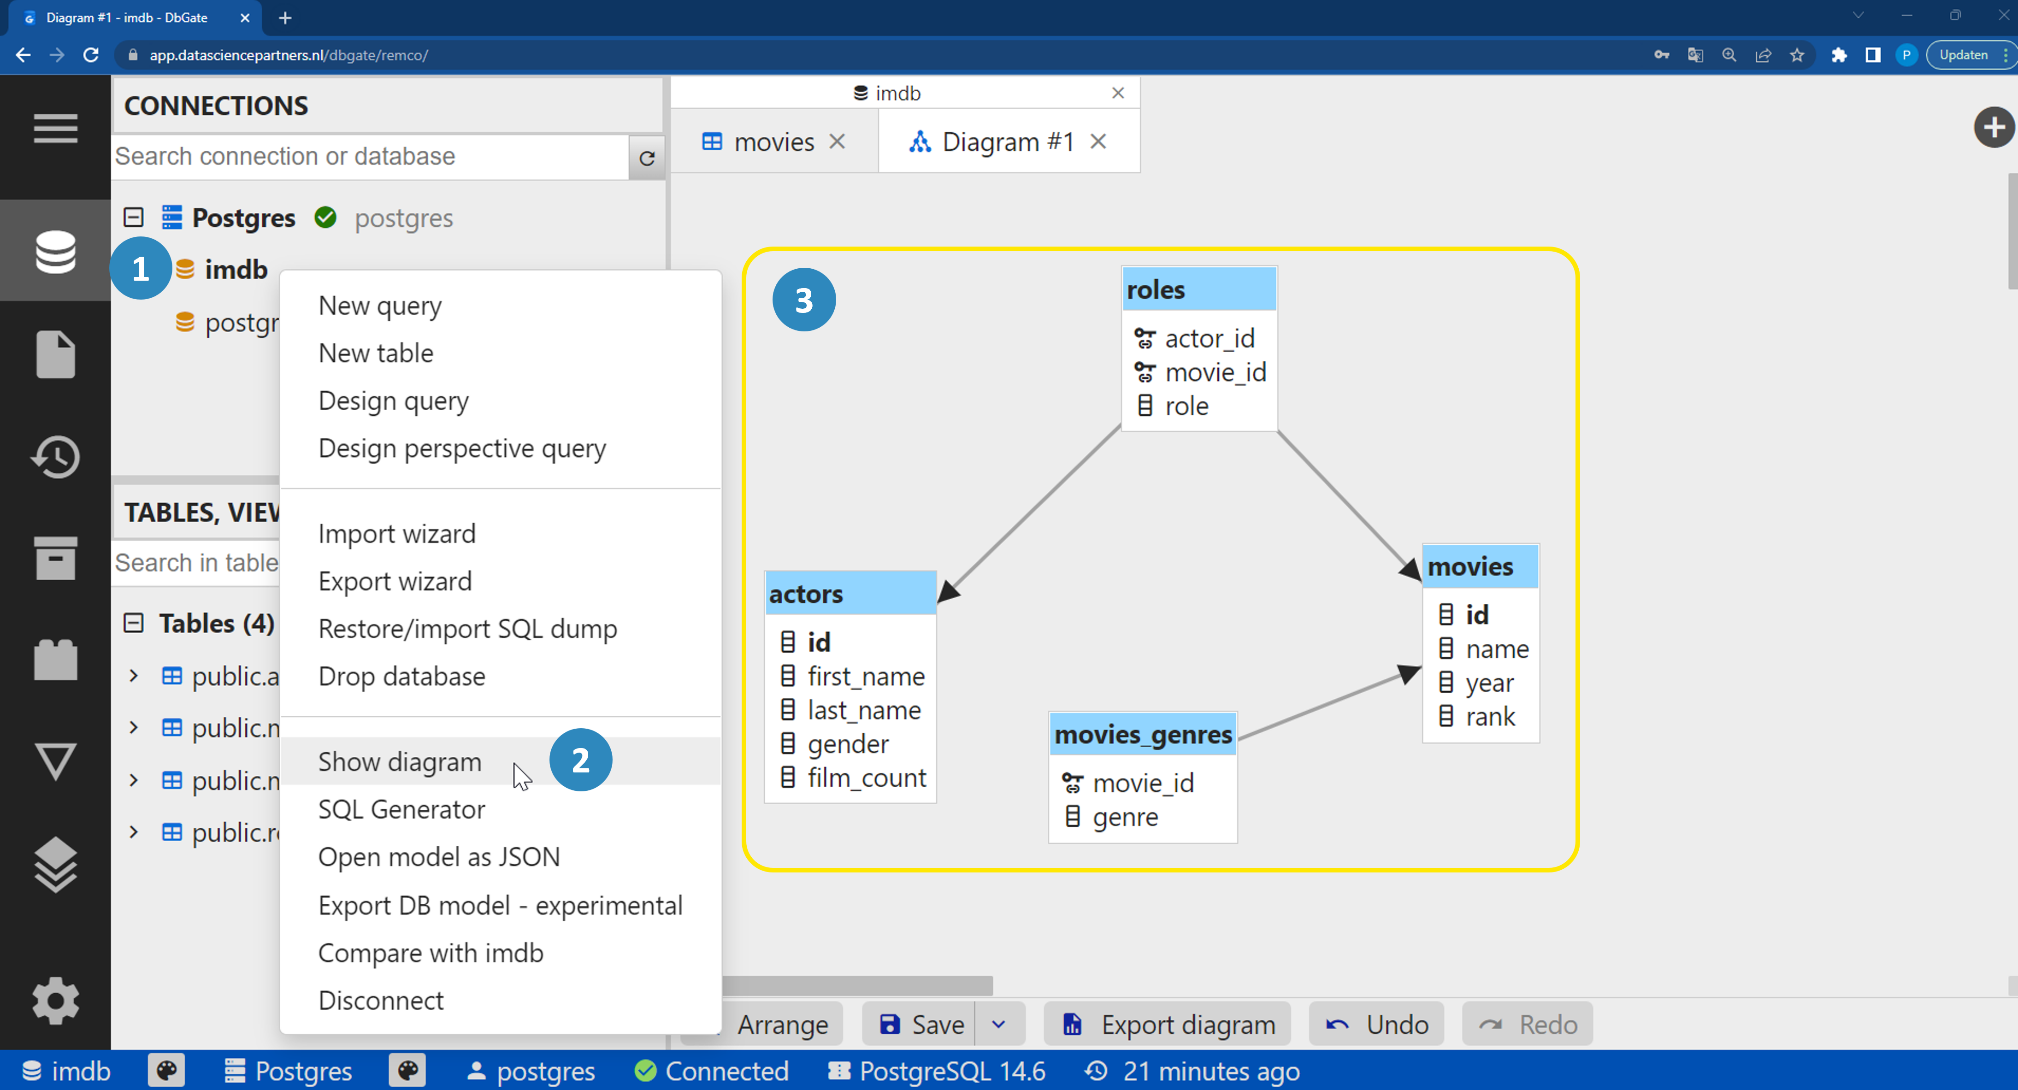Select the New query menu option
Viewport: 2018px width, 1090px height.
pyautogui.click(x=380, y=306)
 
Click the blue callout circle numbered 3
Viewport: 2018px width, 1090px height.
pyautogui.click(x=804, y=300)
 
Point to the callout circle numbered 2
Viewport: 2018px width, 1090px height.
pyautogui.click(x=580, y=760)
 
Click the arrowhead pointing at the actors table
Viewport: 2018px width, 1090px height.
pyautogui.click(x=948, y=592)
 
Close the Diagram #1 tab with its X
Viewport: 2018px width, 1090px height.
pyautogui.click(x=1098, y=142)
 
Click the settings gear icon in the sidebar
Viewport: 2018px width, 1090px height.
pyautogui.click(x=56, y=1000)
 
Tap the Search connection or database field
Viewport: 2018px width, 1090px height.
pyautogui.click(x=370, y=157)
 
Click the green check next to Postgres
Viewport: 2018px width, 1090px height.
pyautogui.click(x=325, y=217)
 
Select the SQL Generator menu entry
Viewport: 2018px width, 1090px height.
pyautogui.click(x=401, y=809)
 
